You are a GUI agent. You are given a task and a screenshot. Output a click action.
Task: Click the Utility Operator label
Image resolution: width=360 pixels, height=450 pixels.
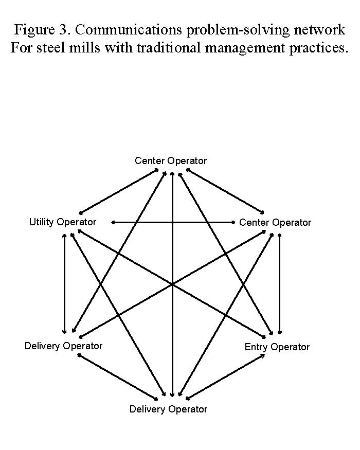63,222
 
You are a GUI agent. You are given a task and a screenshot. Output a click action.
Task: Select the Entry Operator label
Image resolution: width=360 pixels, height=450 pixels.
277,347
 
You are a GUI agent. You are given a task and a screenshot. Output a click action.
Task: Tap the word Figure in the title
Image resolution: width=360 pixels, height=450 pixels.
34,30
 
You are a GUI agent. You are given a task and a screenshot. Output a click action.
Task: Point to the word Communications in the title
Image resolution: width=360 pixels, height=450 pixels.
129,29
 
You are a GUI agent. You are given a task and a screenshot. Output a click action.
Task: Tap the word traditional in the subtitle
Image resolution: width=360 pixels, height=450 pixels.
169,48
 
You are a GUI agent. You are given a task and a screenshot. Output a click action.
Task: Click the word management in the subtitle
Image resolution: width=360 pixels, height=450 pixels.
245,48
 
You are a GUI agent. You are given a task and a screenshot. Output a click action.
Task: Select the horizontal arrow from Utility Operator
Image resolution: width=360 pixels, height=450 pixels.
173,222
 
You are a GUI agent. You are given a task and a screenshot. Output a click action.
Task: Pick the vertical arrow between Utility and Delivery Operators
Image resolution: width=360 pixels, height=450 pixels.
64,284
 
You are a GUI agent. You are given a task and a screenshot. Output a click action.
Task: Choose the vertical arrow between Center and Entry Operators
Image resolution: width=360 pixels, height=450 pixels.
279,284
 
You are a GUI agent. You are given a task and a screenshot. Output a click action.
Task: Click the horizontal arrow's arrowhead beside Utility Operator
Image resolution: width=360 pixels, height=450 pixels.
113,222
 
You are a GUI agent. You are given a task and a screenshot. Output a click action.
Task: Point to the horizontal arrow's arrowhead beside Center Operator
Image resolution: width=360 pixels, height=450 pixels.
233,222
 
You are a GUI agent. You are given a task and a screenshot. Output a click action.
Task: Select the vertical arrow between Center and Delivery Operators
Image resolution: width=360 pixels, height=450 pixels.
172,284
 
